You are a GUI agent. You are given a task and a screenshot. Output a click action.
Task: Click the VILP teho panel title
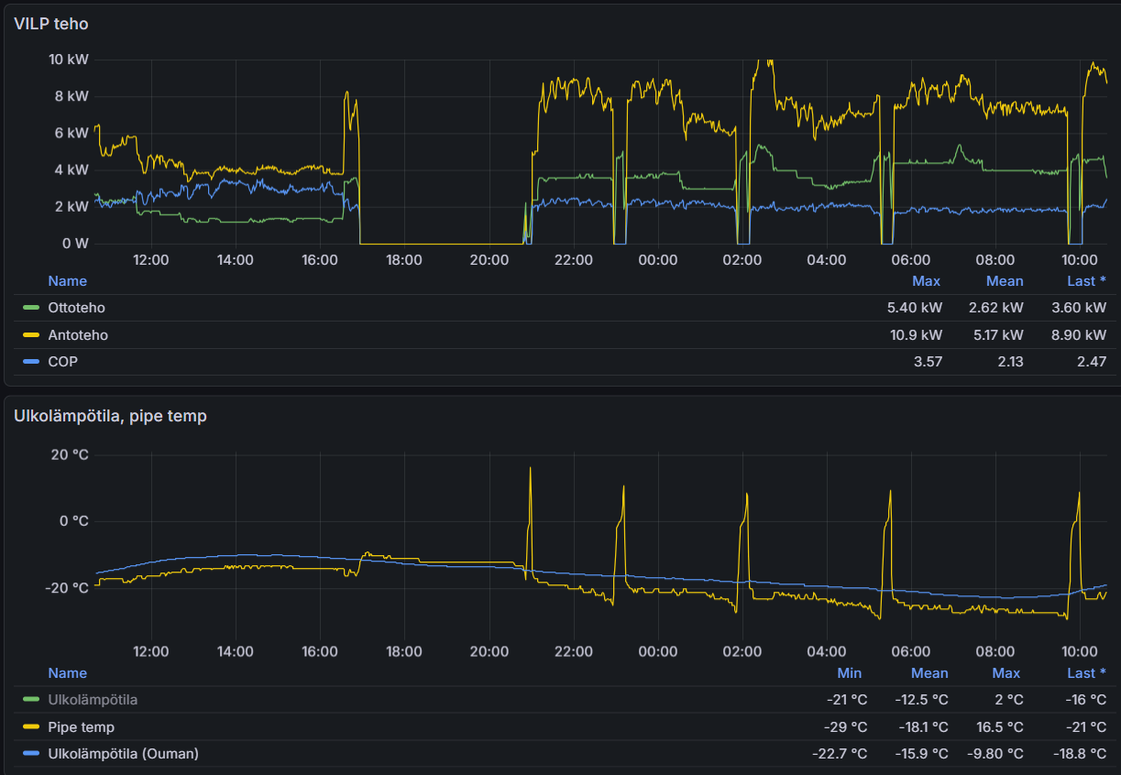coord(51,24)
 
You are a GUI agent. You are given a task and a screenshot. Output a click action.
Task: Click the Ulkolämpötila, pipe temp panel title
coord(110,416)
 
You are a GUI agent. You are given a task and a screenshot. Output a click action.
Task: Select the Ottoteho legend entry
coord(76,308)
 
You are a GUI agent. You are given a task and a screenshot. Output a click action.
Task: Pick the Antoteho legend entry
coord(78,335)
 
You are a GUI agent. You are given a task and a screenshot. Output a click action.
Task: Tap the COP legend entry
coord(62,362)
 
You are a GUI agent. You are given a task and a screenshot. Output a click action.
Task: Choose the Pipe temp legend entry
coord(81,727)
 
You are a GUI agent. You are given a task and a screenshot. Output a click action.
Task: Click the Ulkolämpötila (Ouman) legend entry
coord(123,754)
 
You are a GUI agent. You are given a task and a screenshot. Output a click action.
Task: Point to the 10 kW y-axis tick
coord(69,60)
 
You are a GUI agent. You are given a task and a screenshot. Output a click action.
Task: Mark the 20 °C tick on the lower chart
coord(70,454)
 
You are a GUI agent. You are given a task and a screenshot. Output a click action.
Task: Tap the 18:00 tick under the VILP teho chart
coord(404,260)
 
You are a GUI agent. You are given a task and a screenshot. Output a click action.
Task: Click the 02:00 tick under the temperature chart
coord(742,652)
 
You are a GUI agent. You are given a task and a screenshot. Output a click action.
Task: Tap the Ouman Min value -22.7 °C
coord(840,754)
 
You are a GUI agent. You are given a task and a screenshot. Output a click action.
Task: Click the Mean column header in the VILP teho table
coord(1005,281)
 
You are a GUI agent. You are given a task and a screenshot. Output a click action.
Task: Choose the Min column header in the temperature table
coord(849,673)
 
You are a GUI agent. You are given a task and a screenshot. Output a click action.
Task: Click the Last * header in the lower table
coord(1086,673)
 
